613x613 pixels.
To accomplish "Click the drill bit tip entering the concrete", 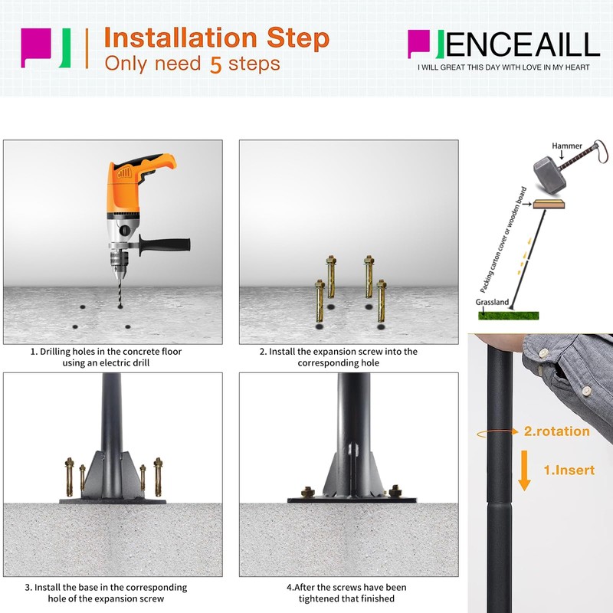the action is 120,306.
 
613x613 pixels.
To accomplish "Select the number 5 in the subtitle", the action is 216,64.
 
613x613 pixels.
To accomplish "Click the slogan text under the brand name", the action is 503,67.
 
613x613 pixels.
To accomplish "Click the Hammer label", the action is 567,146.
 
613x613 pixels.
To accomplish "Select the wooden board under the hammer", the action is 549,204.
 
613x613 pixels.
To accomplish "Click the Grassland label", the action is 492,302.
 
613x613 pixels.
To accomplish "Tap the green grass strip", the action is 508,316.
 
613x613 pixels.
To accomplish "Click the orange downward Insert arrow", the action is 524,470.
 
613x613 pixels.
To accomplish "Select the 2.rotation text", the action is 557,431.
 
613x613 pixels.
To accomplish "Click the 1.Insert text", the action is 569,470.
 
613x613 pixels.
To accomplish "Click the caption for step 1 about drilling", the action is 106,357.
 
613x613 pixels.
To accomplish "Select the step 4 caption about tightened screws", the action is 346,592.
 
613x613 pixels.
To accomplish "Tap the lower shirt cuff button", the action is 586,390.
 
